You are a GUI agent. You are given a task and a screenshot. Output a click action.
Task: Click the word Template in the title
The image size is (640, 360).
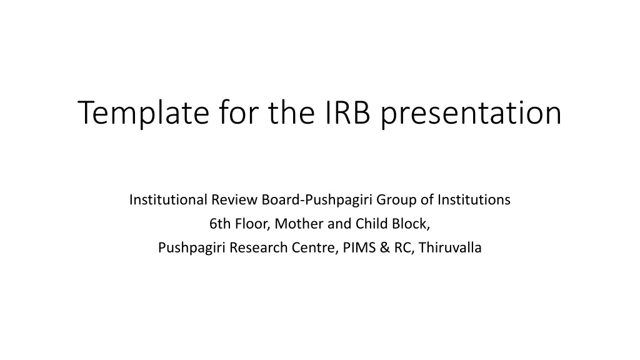click(x=143, y=113)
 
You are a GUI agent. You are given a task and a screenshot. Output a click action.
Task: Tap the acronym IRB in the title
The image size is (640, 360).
click(x=347, y=112)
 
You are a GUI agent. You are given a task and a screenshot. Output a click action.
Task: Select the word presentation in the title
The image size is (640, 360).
click(x=471, y=114)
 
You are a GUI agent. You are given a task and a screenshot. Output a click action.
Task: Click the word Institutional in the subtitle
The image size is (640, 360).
click(x=168, y=199)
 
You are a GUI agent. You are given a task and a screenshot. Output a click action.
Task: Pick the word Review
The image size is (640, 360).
click(x=234, y=199)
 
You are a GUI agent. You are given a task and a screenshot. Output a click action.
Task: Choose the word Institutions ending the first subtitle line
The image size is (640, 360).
click(x=474, y=199)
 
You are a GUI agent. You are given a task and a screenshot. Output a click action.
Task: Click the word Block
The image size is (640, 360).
click(x=411, y=224)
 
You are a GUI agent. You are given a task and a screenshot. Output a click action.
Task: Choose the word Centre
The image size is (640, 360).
click(x=315, y=248)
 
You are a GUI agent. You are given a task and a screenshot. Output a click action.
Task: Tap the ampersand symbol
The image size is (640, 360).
click(x=385, y=247)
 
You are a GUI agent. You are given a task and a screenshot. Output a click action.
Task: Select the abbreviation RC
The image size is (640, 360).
click(x=404, y=248)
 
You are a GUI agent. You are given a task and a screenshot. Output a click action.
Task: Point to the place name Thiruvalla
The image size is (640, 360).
click(x=450, y=247)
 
